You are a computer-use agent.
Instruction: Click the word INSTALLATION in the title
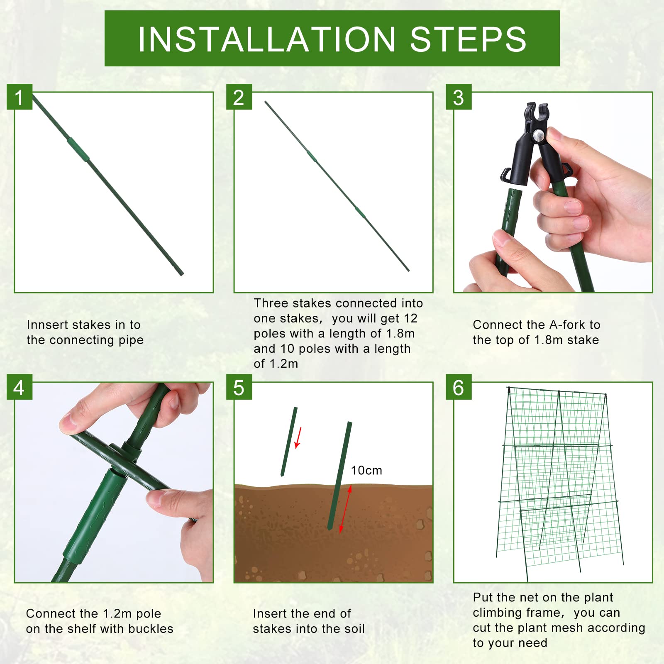coord(267,39)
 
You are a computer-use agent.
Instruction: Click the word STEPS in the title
coord(469,39)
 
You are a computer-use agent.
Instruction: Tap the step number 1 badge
coord(20,97)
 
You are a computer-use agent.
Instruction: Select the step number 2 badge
coord(239,97)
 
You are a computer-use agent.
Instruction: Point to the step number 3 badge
coord(459,97)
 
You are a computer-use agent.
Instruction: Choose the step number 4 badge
coord(20,387)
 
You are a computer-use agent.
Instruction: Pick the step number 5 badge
coord(239,387)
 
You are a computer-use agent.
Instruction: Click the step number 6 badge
coord(459,387)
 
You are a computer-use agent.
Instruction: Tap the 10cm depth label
coord(366,470)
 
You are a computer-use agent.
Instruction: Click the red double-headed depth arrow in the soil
coord(345,509)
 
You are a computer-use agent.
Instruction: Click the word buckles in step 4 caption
coord(151,629)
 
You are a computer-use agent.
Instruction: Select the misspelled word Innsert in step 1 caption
coord(45,325)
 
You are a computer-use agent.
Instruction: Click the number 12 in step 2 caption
coord(410,318)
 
